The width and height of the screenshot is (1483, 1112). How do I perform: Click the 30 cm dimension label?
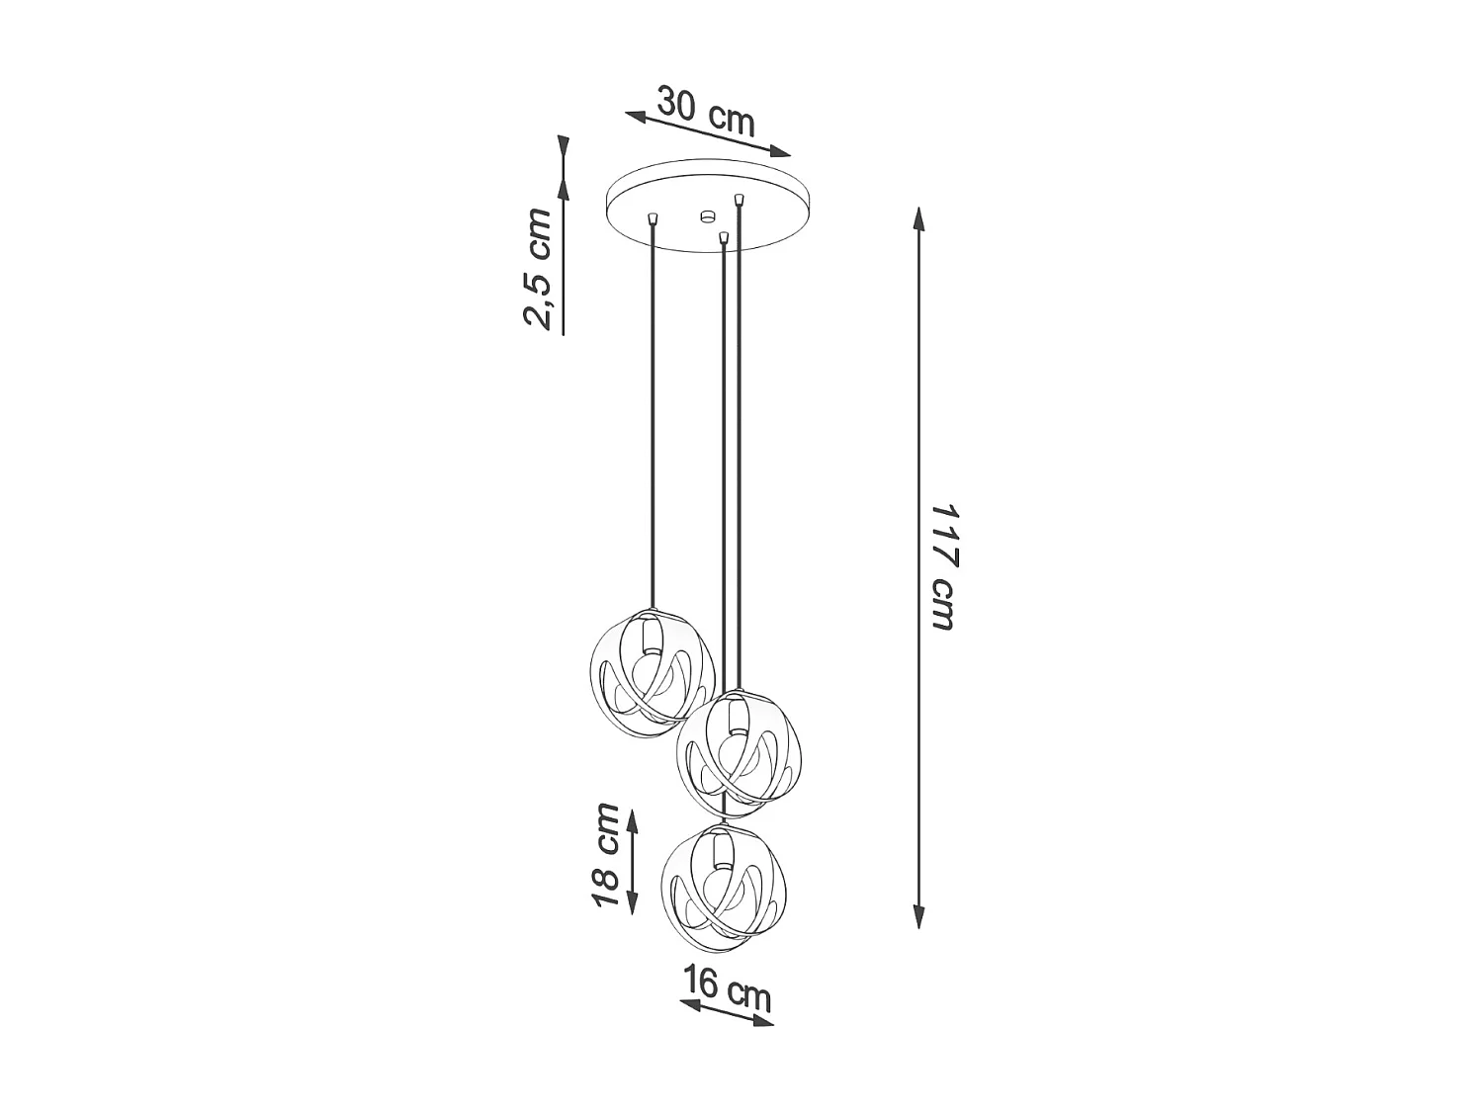(x=706, y=112)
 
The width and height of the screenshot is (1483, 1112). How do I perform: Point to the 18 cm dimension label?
(x=606, y=856)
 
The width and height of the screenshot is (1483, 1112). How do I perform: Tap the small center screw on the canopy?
(x=706, y=214)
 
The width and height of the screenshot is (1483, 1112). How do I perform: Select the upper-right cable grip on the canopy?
(x=739, y=201)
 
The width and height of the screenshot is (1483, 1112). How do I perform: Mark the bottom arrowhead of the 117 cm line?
(x=919, y=918)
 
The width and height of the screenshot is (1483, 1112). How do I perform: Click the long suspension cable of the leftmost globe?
(x=653, y=415)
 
